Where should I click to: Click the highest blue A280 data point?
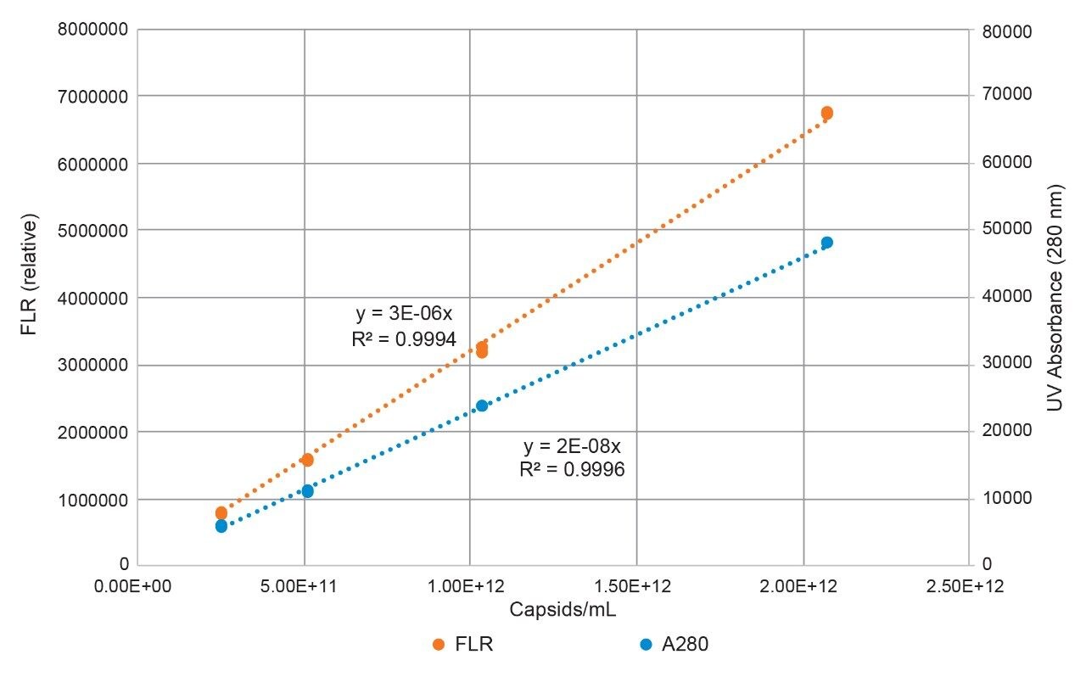[x=827, y=243]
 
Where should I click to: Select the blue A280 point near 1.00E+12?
[x=482, y=406]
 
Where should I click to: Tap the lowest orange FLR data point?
[x=221, y=512]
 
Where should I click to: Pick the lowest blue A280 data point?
[x=221, y=526]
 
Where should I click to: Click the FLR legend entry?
[x=463, y=644]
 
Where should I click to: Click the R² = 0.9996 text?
[x=572, y=469]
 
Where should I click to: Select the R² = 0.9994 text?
[x=404, y=339]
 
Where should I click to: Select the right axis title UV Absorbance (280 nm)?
[x=1055, y=299]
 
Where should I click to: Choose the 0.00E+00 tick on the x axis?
[x=137, y=585]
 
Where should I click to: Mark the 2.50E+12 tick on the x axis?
[x=970, y=585]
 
